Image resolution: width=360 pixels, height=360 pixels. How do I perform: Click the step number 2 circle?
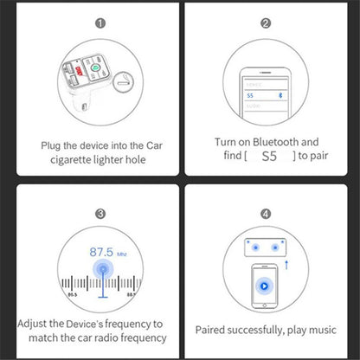(266, 24)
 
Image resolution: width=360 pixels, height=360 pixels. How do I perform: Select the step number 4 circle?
(266, 213)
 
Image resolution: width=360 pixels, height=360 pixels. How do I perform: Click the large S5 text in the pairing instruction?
(268, 156)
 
